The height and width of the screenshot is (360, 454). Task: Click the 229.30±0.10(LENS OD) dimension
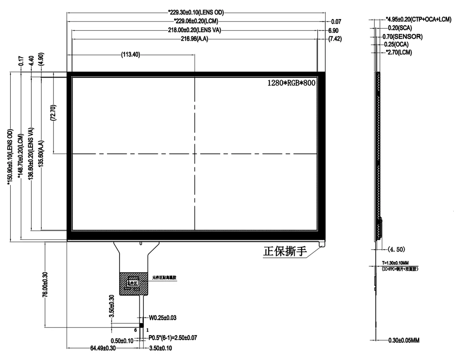(196, 12)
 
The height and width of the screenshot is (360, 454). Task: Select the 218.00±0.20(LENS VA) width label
(194, 30)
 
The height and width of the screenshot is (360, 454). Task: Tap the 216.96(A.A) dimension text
(194, 39)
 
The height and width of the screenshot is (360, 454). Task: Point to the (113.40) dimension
(131, 54)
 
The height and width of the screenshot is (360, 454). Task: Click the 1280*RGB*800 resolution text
(291, 83)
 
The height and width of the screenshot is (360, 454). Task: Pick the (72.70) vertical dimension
(53, 113)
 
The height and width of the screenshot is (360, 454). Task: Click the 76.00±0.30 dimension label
(45, 285)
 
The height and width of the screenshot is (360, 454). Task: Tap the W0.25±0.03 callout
(163, 318)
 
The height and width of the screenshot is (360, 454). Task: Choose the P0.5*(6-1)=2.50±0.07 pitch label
(173, 338)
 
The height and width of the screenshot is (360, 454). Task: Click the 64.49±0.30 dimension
(103, 348)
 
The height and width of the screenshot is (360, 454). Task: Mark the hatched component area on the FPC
(134, 284)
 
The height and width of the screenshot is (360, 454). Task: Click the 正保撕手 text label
(285, 251)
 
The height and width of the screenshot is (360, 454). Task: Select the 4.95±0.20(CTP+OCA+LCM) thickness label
(418, 19)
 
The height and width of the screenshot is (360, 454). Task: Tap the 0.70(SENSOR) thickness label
(402, 37)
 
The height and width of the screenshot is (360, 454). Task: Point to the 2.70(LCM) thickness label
(398, 52)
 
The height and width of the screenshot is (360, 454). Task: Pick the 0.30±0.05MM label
(403, 340)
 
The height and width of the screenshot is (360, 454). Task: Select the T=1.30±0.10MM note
(395, 263)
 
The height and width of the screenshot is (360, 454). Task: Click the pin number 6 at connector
(135, 330)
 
